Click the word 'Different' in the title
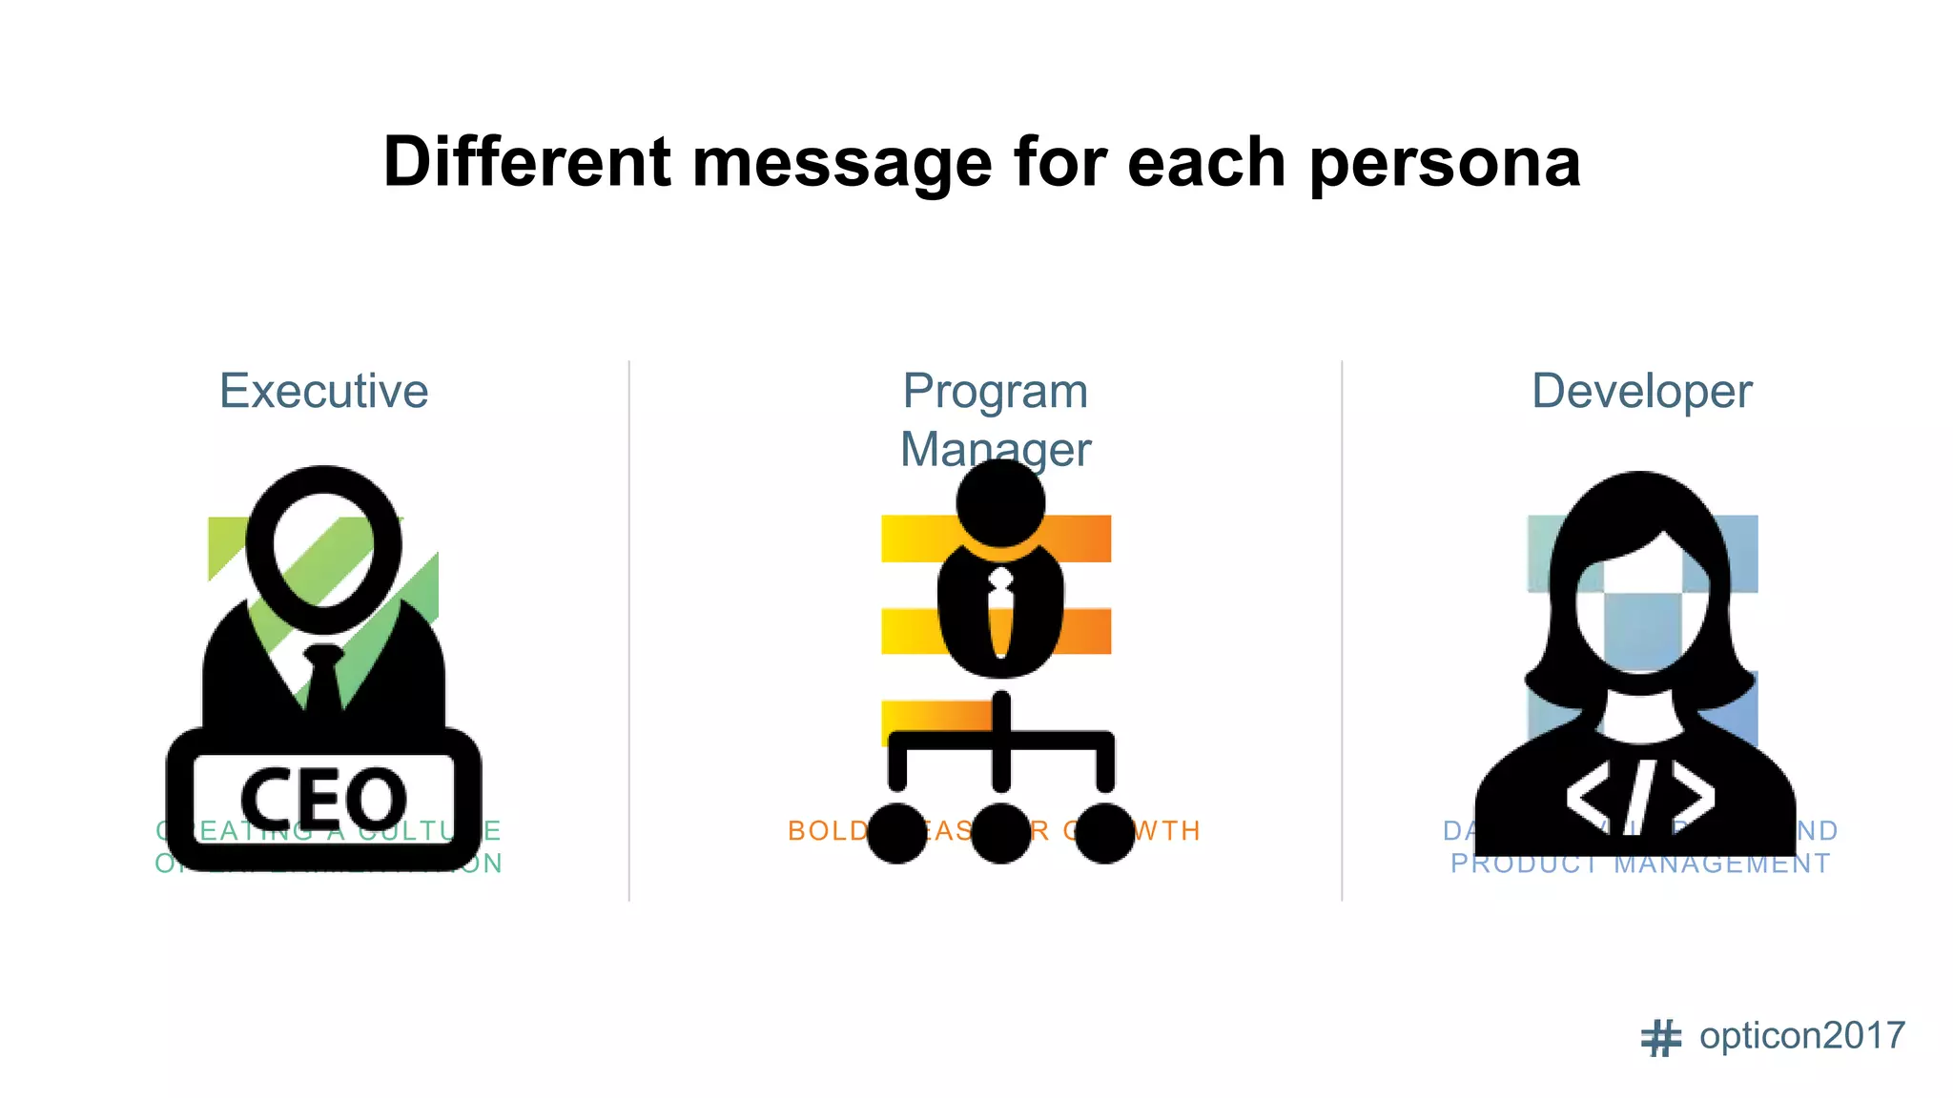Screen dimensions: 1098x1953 point(526,162)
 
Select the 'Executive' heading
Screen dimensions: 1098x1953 point(323,391)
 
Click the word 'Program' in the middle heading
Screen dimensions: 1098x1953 point(995,391)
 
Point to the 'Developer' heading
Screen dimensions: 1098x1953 point(1641,391)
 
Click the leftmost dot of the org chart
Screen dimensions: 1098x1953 point(896,833)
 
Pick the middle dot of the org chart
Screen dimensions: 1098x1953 point(1000,833)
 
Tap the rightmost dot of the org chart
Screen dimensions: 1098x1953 point(1104,833)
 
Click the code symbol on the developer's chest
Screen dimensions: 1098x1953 point(1639,797)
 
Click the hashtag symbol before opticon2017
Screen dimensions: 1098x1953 point(1660,1038)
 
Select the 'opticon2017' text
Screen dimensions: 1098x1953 point(1801,1036)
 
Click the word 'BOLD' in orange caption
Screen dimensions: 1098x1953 point(827,831)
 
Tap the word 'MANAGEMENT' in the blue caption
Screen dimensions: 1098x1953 point(1721,864)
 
